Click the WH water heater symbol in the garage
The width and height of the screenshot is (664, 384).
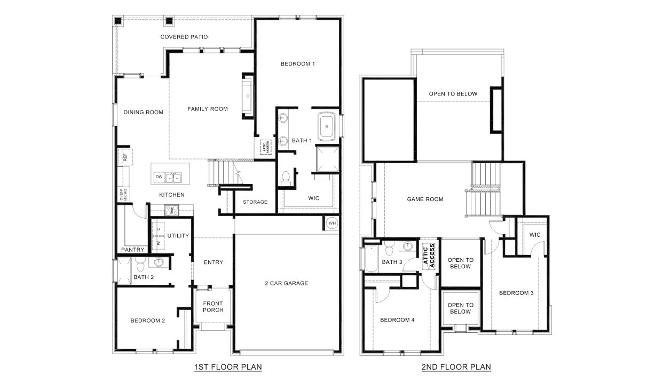pyautogui.click(x=331, y=223)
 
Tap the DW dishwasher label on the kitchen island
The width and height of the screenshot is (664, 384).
pyautogui.click(x=159, y=177)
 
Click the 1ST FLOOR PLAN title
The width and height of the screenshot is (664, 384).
pyautogui.click(x=228, y=367)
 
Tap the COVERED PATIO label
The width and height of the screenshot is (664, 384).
pyautogui.click(x=184, y=37)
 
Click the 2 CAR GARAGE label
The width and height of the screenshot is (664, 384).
pyautogui.click(x=287, y=283)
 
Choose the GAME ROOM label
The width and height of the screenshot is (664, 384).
pyautogui.click(x=425, y=199)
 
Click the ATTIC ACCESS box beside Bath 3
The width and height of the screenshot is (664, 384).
pyautogui.click(x=429, y=255)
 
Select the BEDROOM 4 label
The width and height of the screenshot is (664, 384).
pyautogui.click(x=397, y=320)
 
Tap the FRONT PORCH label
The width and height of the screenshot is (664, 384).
pyautogui.click(x=213, y=307)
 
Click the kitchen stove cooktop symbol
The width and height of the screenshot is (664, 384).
pyautogui.click(x=172, y=210)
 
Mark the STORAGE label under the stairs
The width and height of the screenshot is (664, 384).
pyautogui.click(x=255, y=202)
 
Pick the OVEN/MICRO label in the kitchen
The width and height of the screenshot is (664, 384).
pyautogui.click(x=122, y=195)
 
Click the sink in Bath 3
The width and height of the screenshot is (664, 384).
pyautogui.click(x=408, y=246)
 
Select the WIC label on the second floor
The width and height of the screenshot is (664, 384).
pyautogui.click(x=535, y=235)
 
